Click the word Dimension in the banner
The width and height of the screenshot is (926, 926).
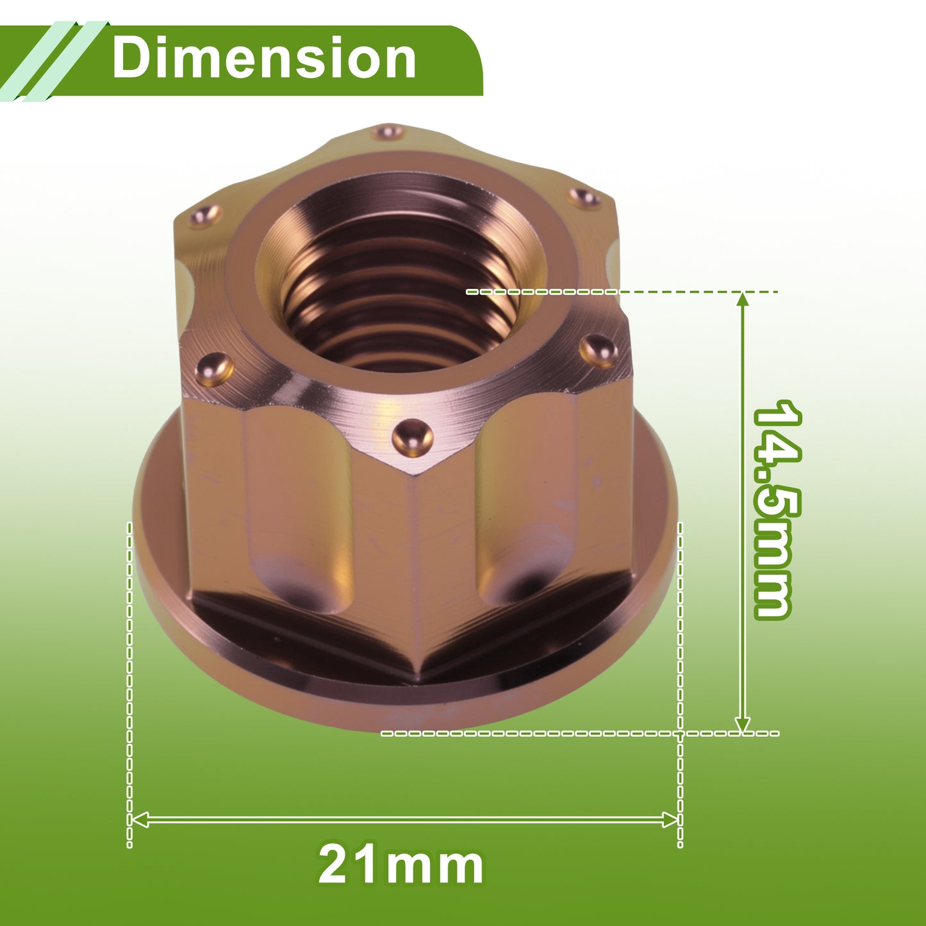tap(264, 58)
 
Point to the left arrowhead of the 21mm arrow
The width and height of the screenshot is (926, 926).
tap(139, 820)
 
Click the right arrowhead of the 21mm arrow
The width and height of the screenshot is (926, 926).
tap(670, 820)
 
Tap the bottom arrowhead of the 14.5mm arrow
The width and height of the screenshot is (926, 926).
tap(743, 725)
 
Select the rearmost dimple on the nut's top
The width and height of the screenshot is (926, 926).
tap(388, 131)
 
